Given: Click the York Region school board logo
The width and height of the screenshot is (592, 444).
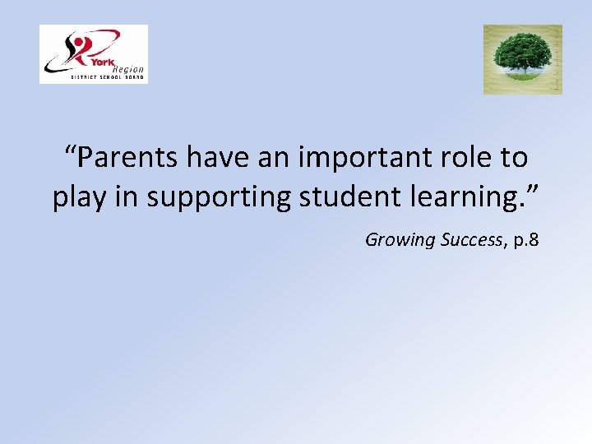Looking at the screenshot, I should pyautogui.click(x=94, y=54).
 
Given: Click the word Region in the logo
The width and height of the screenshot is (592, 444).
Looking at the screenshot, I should pyautogui.click(x=127, y=69).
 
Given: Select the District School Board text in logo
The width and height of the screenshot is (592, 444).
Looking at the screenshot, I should pyautogui.click(x=106, y=78).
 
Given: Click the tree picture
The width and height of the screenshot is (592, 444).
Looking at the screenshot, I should pyautogui.click(x=522, y=59).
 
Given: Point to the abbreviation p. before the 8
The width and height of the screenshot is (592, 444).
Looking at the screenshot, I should pyautogui.click(x=514, y=240).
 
